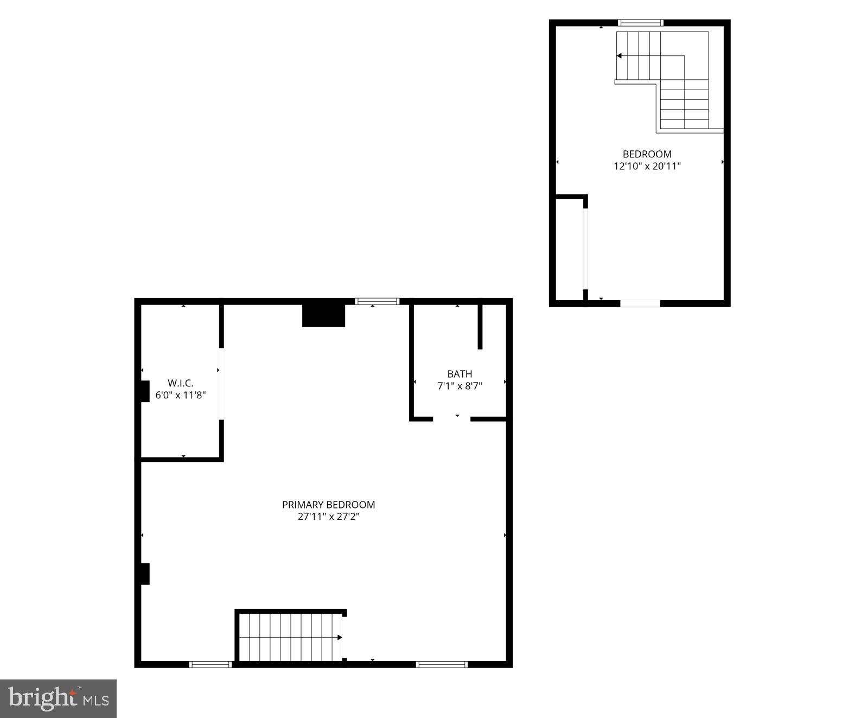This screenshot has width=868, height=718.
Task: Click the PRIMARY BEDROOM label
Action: coord(328,505)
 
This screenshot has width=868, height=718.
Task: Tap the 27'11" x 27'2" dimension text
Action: coord(328,517)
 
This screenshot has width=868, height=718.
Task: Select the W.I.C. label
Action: coord(180,383)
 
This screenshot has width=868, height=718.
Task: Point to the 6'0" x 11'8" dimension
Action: coord(180,395)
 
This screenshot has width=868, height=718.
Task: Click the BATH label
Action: coord(459,374)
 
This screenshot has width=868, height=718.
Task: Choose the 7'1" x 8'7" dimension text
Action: coord(459,386)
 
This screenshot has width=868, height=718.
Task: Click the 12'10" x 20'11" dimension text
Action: coord(647,166)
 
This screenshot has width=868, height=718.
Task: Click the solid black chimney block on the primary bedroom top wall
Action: coord(323,315)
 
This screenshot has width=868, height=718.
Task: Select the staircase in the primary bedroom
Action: coord(291,637)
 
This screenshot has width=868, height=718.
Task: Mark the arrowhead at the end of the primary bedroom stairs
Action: coord(340,637)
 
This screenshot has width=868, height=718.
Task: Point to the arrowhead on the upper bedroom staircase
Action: coord(619,56)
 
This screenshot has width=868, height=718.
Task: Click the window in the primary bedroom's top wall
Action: coord(377,301)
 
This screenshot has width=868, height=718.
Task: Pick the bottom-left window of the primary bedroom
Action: coord(210,664)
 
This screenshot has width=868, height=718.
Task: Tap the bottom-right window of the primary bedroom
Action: coord(442,664)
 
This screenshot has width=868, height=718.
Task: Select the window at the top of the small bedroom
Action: coord(641,23)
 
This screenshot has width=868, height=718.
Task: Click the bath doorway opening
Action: coord(451,419)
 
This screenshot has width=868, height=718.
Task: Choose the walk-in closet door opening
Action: coord(221,384)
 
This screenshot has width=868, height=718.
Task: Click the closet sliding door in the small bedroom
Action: coord(585,250)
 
